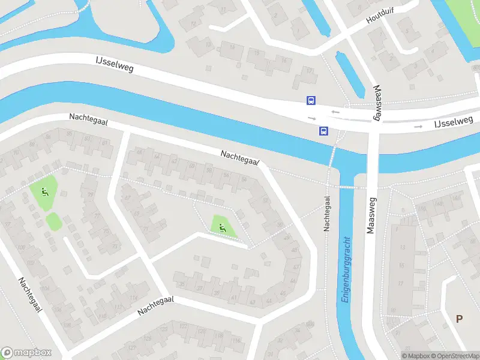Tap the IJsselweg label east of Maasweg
point(454,122)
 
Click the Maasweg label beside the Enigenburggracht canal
point(370,215)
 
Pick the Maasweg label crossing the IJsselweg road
point(378,103)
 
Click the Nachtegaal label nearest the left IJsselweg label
point(88,120)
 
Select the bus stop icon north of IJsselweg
point(311,101)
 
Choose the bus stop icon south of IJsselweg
point(323,131)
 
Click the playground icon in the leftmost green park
point(44,192)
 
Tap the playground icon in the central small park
point(223,227)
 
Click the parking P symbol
point(460,319)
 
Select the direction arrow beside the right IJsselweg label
point(418,127)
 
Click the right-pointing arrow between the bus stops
point(311,118)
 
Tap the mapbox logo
point(26,353)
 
